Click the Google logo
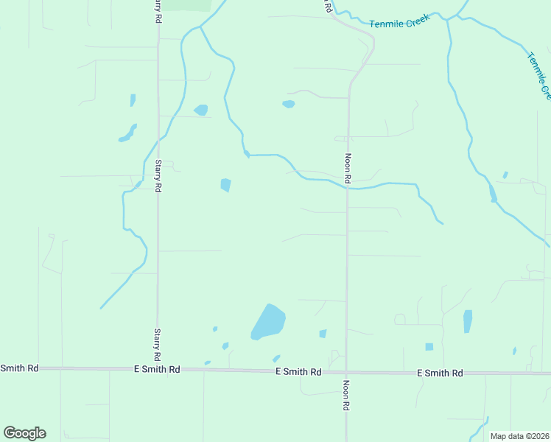click(x=24, y=432)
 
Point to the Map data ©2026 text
click(x=519, y=436)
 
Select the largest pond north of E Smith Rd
click(x=268, y=322)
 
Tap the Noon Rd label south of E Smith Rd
click(x=346, y=396)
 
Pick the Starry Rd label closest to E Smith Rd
click(x=157, y=344)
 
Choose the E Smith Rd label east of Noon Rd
click(x=440, y=373)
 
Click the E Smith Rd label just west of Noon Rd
click(x=298, y=372)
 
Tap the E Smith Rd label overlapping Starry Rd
click(x=157, y=369)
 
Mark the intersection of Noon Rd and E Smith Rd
click(x=347, y=373)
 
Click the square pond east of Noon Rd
click(x=429, y=347)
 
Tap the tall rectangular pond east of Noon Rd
click(x=468, y=321)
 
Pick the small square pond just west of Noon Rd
click(x=323, y=334)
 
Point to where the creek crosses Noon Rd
click(x=348, y=187)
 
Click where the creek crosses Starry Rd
click(x=158, y=138)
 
